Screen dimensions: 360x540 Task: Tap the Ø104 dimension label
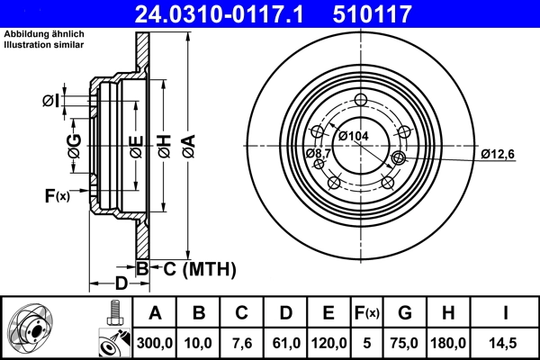coord(354,135)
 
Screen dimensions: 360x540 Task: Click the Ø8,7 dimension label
coord(317,154)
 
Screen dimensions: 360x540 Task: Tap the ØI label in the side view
coord(51,101)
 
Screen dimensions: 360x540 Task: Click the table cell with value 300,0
coord(155,343)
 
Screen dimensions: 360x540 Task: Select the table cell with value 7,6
coord(242,343)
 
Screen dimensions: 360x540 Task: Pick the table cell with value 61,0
coord(285,343)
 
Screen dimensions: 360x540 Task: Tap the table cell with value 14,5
coord(506,343)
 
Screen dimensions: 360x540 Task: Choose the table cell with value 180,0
coord(449,343)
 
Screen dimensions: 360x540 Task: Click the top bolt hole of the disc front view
coord(362,101)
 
